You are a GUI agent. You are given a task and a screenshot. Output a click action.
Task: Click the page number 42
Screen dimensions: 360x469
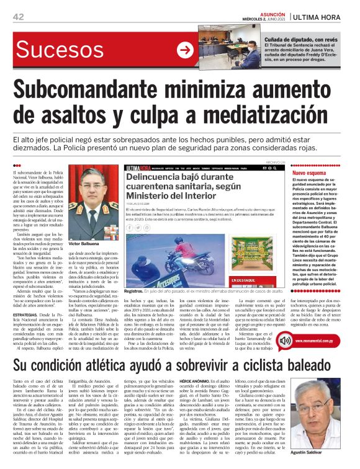pos(18,17)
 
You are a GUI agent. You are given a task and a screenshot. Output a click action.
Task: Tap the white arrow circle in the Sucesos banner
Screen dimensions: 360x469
pos(184,50)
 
